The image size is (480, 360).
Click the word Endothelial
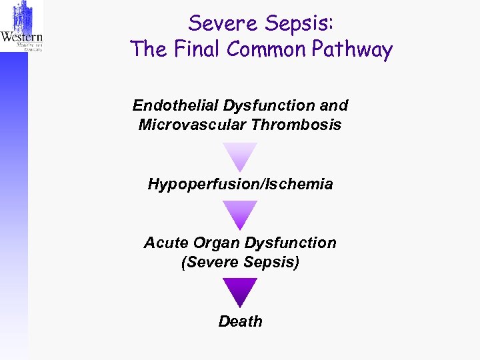pos(175,105)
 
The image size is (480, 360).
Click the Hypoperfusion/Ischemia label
pos(240,184)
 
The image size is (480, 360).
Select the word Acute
pos(163,243)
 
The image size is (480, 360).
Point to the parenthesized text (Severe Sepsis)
pos(240,263)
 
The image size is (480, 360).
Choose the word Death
pos(240,321)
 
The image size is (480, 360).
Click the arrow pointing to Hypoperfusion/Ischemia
pos(240,156)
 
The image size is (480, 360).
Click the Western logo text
pos(21,38)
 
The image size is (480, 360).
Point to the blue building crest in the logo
pos(21,15)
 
